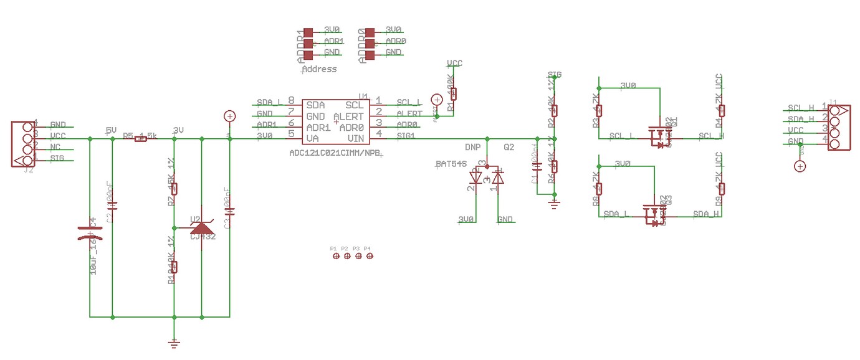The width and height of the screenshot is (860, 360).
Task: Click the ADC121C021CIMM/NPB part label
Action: click(335, 153)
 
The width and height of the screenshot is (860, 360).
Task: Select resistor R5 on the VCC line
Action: click(141, 139)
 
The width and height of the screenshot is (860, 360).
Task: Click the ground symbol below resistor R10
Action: click(174, 342)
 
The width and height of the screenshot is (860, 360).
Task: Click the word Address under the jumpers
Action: click(319, 69)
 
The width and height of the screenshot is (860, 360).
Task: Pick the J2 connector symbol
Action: click(22, 143)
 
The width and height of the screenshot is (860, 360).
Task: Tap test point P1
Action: click(335, 256)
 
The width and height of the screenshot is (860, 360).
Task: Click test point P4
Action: click(370, 256)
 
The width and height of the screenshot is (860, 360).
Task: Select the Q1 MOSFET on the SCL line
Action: click(658, 135)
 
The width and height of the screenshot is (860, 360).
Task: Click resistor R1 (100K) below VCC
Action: click(453, 94)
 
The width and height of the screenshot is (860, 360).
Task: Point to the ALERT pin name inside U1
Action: click(348, 116)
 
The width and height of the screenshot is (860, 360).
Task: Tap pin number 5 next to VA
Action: click(291, 134)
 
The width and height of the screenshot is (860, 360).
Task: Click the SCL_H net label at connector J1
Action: click(801, 108)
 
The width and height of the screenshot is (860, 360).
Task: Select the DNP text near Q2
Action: click(472, 148)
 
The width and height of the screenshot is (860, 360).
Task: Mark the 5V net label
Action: click(111, 130)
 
